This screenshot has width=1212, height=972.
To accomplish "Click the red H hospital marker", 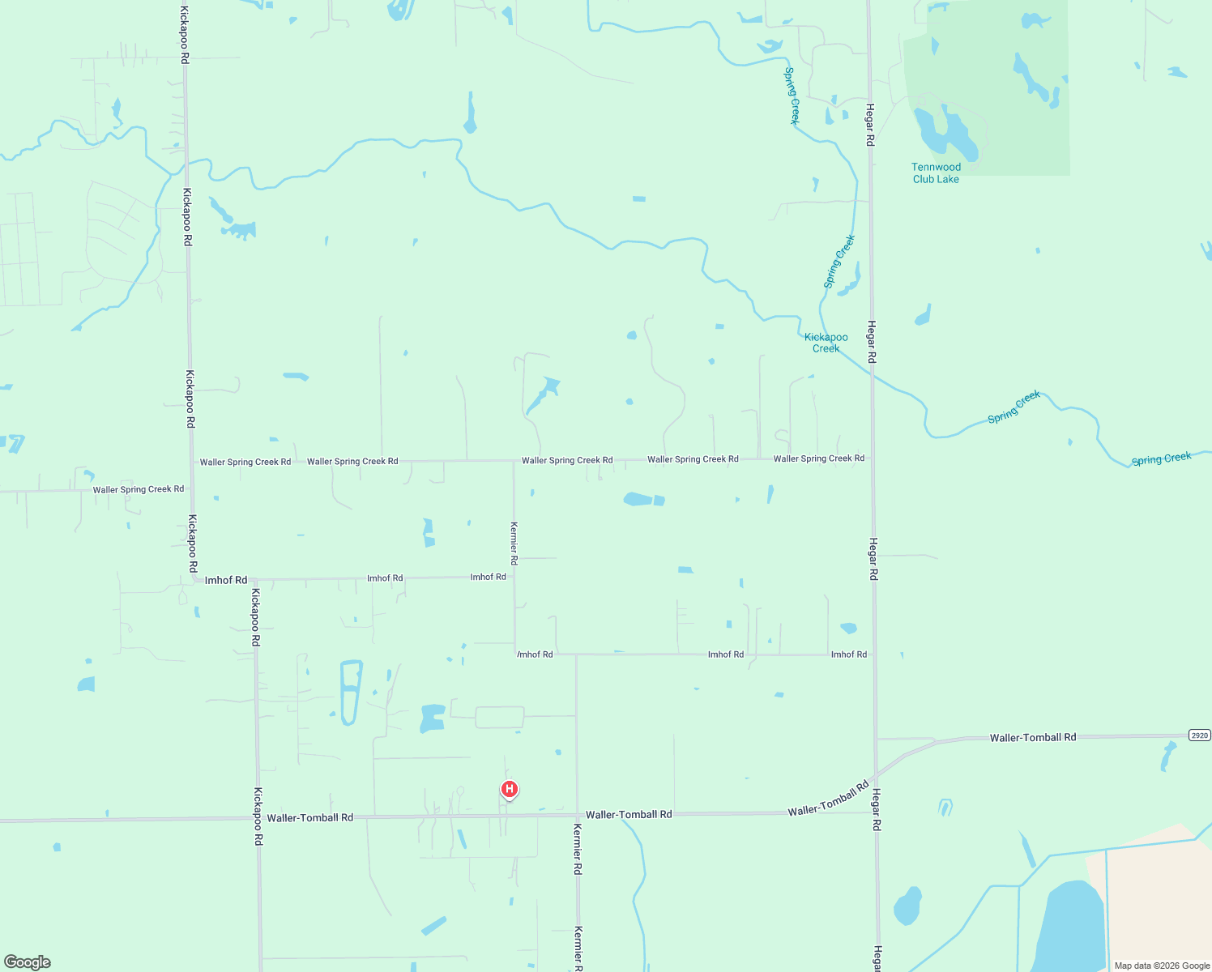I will (509, 789).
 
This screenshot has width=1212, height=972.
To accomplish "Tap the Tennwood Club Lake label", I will (936, 173).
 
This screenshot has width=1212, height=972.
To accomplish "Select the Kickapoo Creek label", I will (826, 343).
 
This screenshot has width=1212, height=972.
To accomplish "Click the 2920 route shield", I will (1199, 735).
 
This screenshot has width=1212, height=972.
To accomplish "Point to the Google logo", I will (28, 962).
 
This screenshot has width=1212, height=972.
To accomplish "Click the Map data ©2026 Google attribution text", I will (1162, 966).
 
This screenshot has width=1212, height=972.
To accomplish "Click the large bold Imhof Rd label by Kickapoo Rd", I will (226, 580).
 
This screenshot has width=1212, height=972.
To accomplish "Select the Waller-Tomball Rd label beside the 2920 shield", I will (1032, 737).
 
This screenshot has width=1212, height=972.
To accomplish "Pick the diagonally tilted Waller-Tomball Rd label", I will (828, 799).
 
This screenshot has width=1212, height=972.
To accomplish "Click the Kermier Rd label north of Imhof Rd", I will (514, 543).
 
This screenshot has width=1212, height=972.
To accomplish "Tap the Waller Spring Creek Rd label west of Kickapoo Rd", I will (139, 489).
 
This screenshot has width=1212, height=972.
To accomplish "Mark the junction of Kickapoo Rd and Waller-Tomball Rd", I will (258, 818).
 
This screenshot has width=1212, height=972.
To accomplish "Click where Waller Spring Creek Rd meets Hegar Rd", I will (872, 458).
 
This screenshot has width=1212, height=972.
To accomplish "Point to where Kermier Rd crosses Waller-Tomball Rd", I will (577, 815).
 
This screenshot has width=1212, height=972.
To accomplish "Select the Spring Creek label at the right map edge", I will (1161, 458).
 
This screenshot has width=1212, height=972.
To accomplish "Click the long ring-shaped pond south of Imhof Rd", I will (351, 693).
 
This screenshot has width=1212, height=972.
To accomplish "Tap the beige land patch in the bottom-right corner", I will (1159, 899).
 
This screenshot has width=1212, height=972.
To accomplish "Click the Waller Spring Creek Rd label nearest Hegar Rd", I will (818, 458).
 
